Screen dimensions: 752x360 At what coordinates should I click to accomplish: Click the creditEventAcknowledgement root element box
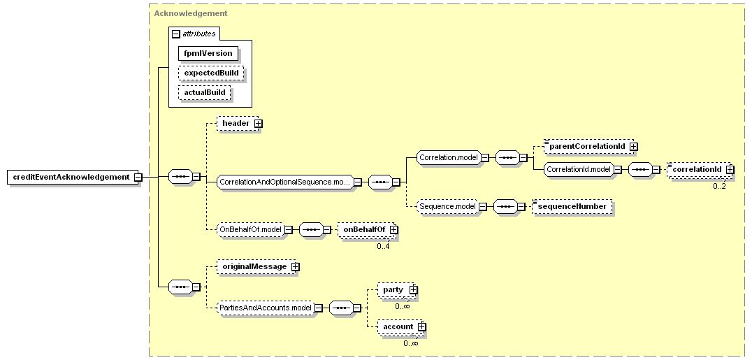71,177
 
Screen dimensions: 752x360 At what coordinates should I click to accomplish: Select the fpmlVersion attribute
208,53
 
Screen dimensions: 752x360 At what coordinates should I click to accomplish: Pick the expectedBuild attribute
211,73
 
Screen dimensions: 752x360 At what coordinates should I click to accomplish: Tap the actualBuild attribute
205,92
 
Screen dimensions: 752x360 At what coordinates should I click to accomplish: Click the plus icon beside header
258,123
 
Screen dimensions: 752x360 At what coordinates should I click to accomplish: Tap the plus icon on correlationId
730,169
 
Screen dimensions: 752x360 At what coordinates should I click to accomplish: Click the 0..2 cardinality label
719,186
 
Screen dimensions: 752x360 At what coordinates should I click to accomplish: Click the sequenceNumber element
573,207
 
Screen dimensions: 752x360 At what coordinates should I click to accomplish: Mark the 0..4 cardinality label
383,247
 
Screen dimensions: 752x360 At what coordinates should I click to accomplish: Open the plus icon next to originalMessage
296,266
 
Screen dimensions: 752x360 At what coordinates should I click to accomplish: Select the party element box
396,290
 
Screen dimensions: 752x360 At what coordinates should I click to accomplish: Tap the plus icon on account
421,327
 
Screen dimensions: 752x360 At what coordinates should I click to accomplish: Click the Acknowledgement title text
191,13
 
